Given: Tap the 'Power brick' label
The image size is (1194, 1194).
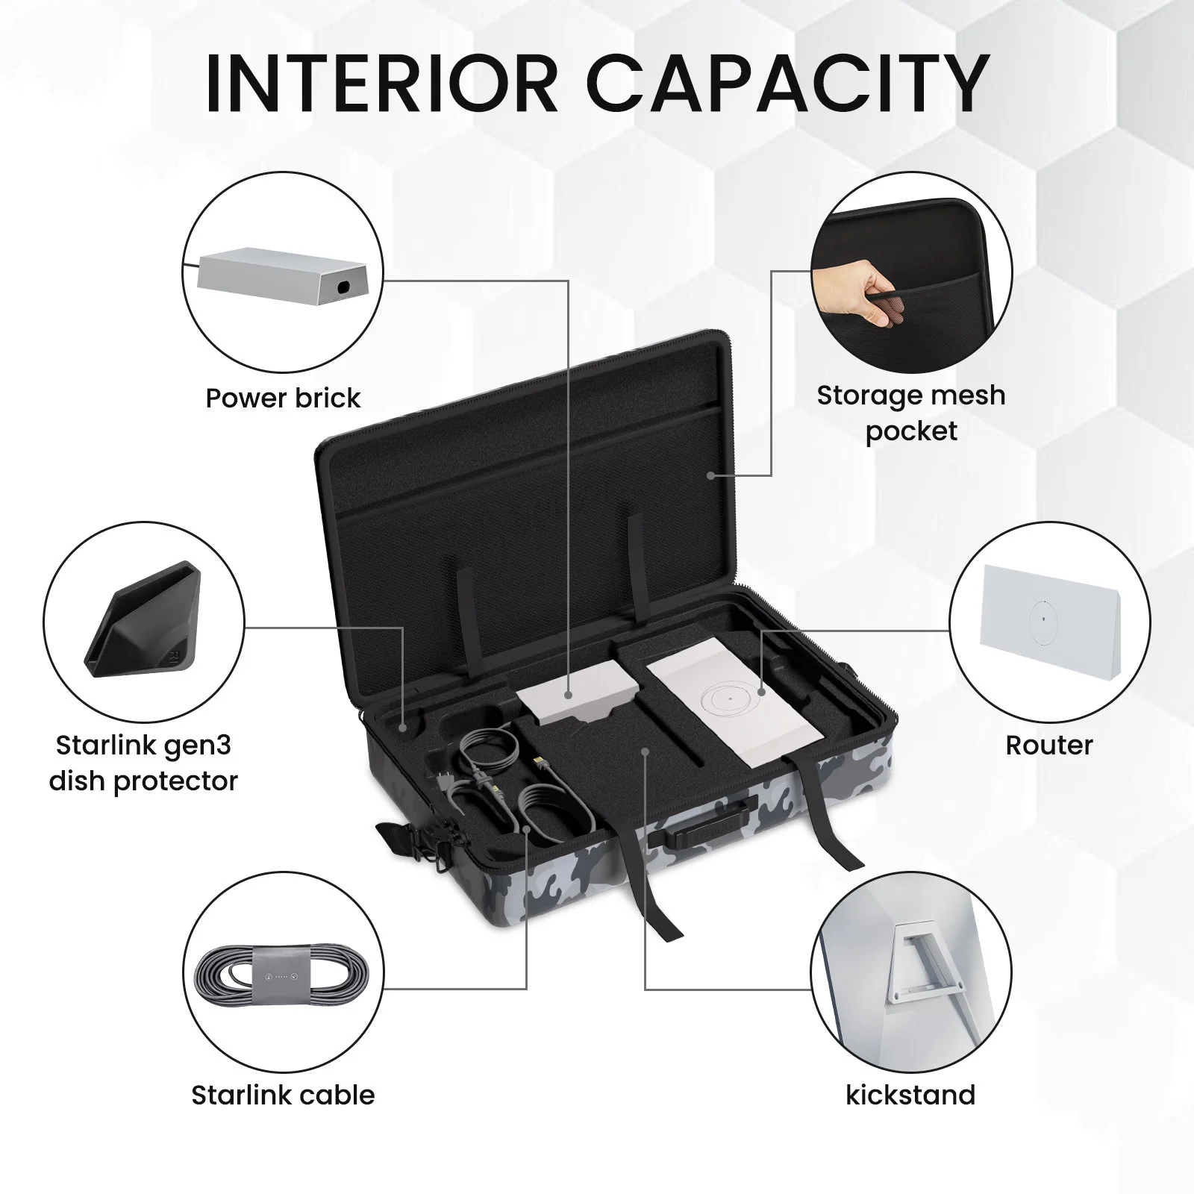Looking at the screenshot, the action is (x=283, y=398).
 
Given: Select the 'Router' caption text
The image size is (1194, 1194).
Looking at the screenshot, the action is (x=1049, y=745).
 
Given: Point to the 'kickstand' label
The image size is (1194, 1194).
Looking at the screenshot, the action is (x=910, y=1095).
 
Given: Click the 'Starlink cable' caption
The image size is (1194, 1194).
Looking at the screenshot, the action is (x=283, y=1095).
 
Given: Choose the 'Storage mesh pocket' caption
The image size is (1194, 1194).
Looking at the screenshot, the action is (x=911, y=413).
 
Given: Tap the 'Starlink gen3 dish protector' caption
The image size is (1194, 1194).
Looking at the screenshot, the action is (x=143, y=763).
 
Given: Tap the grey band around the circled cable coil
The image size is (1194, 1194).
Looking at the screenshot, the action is (x=276, y=976).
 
